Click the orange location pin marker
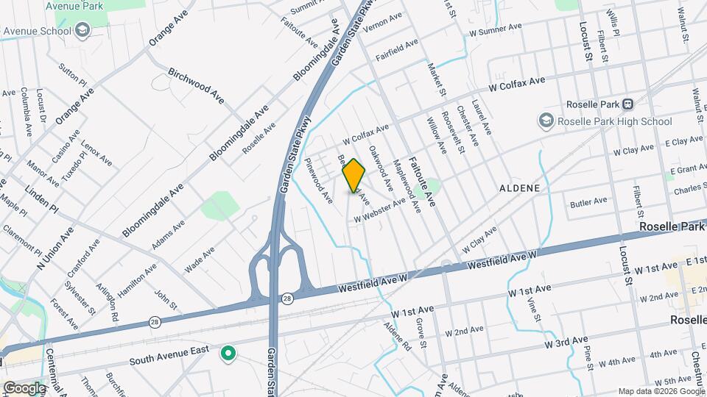click(x=353, y=176)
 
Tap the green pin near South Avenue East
click(x=229, y=354)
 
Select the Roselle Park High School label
click(x=614, y=121)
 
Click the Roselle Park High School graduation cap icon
click(x=546, y=119)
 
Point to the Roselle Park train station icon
click(x=627, y=104)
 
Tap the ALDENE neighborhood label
click(x=520, y=188)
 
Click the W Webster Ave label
click(x=379, y=210)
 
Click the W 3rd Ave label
click(x=566, y=342)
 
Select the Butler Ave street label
click(x=588, y=201)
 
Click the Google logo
click(x=24, y=387)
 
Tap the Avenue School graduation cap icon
click(x=82, y=32)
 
